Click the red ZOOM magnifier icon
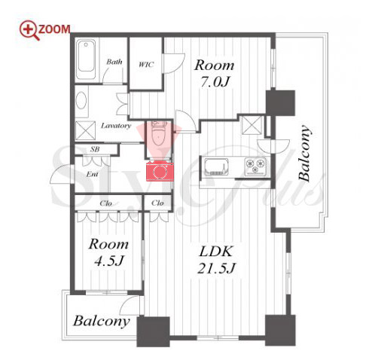tap(29, 30)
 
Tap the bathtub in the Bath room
tap(86, 59)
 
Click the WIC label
tap(146, 65)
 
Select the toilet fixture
tap(159, 134)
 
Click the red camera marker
tap(160, 172)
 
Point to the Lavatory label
tap(116, 126)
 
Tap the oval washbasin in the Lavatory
tap(81, 100)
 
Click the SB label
tap(95, 149)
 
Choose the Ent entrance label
tap(92, 174)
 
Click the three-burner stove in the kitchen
tap(255, 166)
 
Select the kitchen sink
tap(217, 167)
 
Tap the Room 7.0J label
tap(215, 73)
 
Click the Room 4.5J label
tap(108, 252)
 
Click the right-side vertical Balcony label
tap(304, 153)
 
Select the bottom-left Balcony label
tap(102, 321)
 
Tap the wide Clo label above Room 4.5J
tap(105, 203)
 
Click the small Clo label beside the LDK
tap(157, 203)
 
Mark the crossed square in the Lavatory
tap(85, 130)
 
